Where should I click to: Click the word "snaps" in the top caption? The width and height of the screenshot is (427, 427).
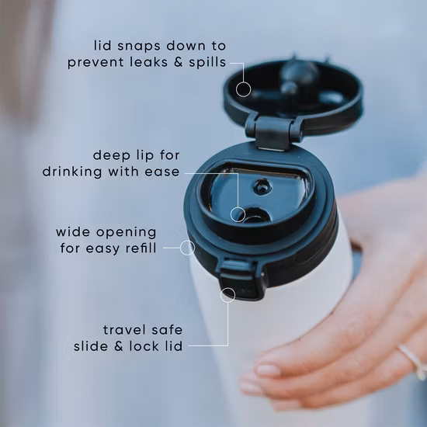[139, 47]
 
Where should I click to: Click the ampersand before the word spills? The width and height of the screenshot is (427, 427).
[179, 62]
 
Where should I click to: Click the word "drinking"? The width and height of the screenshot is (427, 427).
[72, 172]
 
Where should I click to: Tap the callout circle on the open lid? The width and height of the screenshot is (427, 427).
[244, 89]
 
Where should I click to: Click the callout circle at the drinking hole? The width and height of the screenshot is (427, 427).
[238, 214]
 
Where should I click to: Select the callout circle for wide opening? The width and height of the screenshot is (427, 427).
[187, 248]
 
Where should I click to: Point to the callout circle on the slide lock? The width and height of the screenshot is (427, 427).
[227, 295]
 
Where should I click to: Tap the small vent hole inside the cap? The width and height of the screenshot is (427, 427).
[262, 187]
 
